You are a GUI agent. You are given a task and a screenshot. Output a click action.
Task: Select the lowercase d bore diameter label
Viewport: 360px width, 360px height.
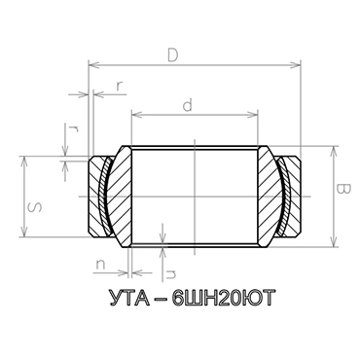click(186, 102)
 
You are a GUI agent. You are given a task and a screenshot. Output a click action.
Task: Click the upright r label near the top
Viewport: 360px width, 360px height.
click(118, 86)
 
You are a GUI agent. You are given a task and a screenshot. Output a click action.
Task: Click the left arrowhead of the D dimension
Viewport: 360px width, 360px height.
click(92, 66)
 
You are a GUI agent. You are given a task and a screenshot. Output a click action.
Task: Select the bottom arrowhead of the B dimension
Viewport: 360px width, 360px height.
click(333, 241)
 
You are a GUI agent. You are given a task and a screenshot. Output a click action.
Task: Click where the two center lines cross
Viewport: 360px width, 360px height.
click(196, 196)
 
